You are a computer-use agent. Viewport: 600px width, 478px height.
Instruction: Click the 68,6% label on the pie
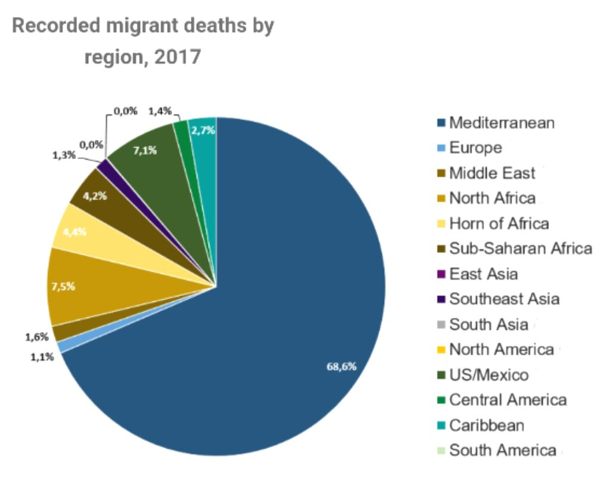click(x=341, y=366)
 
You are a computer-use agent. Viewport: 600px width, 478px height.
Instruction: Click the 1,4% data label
click(x=160, y=110)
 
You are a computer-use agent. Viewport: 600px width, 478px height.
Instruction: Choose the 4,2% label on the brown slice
click(x=96, y=195)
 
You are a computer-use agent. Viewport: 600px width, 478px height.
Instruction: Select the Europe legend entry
click(x=475, y=148)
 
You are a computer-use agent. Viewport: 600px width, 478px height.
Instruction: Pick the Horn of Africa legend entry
click(x=499, y=224)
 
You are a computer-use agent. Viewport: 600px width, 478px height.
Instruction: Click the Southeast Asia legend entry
click(x=504, y=299)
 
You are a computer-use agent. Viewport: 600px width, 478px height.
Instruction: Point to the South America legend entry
click(x=502, y=450)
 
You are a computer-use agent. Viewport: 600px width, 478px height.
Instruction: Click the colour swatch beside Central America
click(x=442, y=400)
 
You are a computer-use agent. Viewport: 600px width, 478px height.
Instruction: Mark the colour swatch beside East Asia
click(x=442, y=274)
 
